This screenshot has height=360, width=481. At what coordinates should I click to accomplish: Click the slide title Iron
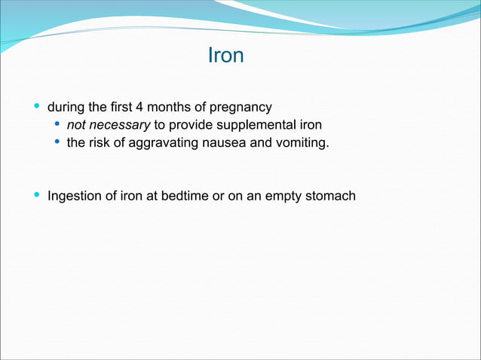tap(225, 56)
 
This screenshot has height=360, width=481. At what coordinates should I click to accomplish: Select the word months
tap(170, 106)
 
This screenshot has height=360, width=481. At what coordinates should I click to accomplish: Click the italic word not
tap(77, 124)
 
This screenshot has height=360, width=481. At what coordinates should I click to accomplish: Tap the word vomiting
tap(302, 142)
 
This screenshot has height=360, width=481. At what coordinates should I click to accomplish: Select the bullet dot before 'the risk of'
tap(57, 142)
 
